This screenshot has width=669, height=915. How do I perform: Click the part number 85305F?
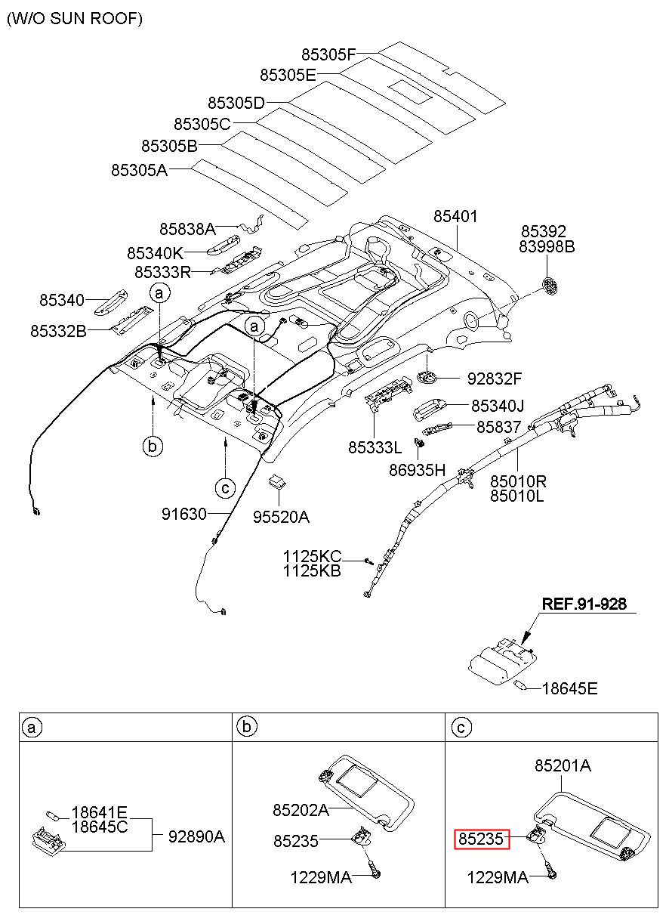coord(328,54)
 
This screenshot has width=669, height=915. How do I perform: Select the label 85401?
coord(455,216)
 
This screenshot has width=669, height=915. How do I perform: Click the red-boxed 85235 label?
coord(482,839)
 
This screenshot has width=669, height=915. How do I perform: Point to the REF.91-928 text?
coord(584,604)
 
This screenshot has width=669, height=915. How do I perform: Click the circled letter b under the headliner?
coord(153,446)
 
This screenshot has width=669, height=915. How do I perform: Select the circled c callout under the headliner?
coord(225,488)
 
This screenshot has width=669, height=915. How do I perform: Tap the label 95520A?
coord(281,517)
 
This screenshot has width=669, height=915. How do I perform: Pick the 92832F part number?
coord(495,379)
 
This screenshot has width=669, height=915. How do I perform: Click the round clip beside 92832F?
coord(427,377)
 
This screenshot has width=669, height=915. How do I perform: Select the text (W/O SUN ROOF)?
coord(75,19)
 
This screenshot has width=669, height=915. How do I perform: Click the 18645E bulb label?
coord(569,688)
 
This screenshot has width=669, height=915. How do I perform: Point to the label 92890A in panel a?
coord(196,837)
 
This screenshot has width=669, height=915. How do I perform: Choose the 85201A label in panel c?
coord(563,766)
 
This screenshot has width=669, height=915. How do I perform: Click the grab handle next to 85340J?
coord(430,408)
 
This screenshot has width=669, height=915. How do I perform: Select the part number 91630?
coord(184,514)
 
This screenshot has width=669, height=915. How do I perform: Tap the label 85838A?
coord(187,229)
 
